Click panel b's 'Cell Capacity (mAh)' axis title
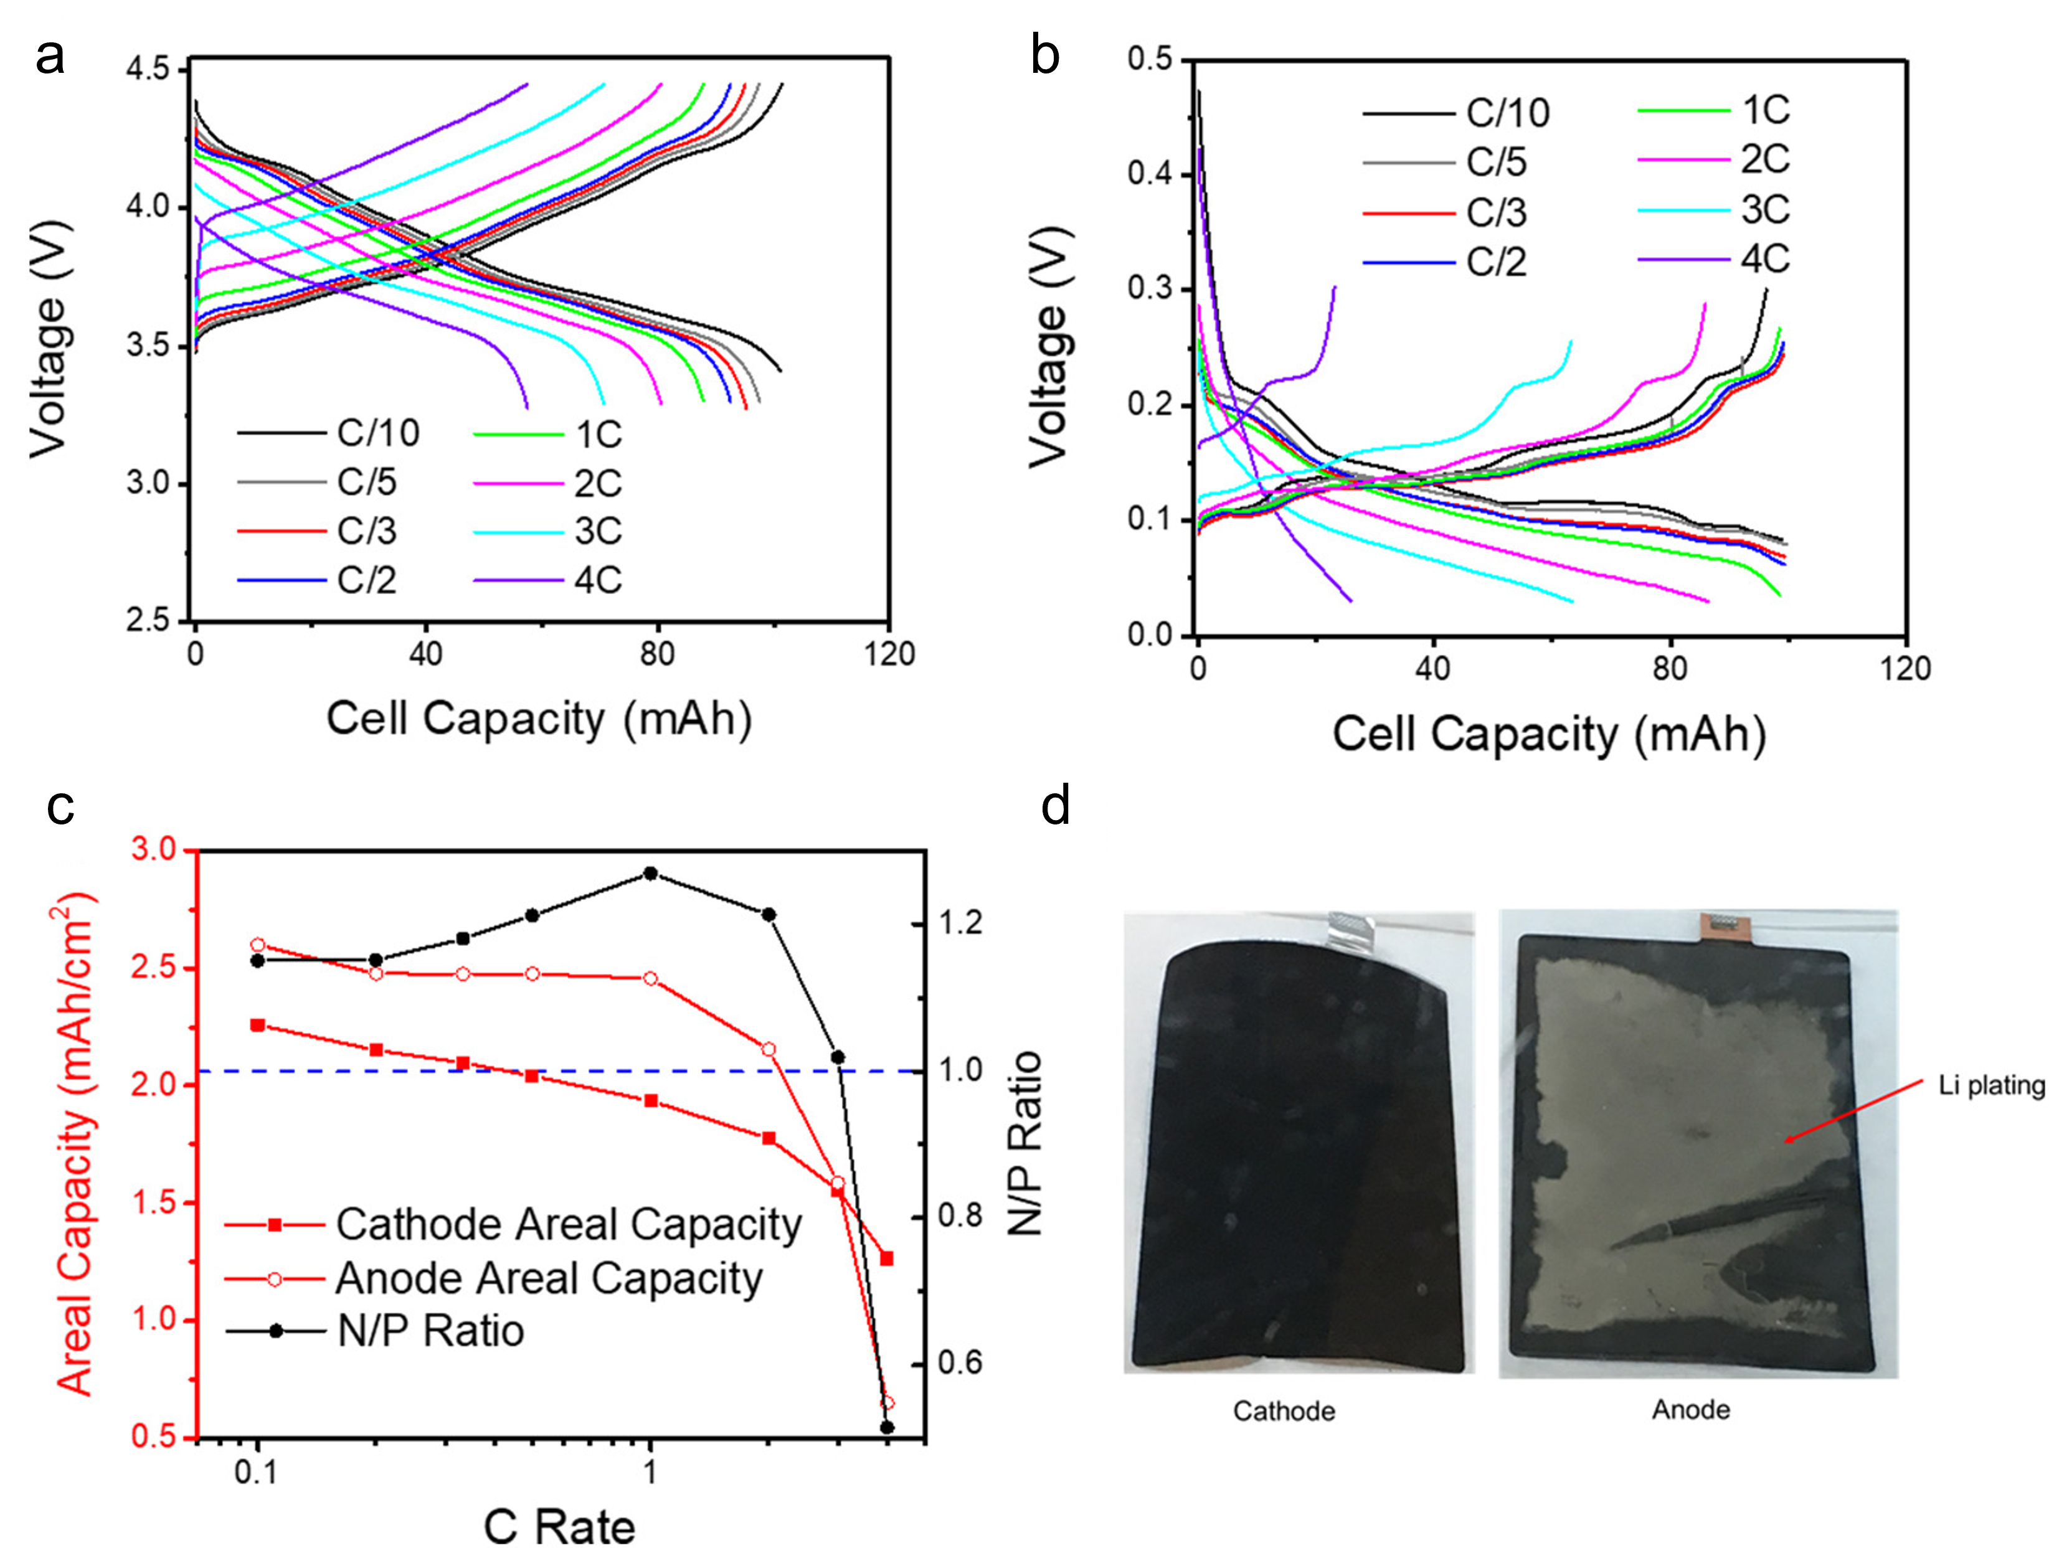pyautogui.click(x=1549, y=734)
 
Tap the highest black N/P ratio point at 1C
pyautogui.click(x=650, y=872)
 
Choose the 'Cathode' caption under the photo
pyautogui.click(x=1284, y=1411)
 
